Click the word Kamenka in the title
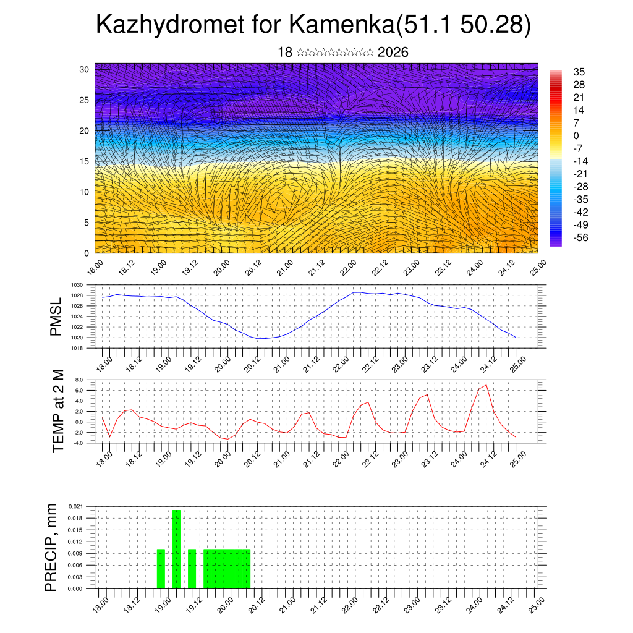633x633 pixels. pos(339,26)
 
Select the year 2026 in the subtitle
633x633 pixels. pos(393,53)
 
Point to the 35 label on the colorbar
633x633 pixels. pos(579,72)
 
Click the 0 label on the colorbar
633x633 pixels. pos(576,135)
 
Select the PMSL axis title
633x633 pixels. pos(56,316)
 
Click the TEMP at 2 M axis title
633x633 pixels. pos(58,410)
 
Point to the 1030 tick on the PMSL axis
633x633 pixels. pos(77,285)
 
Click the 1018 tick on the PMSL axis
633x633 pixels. pos(77,348)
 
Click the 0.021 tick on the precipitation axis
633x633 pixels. pos(75,506)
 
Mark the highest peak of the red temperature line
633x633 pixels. pos(486,385)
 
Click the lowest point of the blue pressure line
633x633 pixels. pos(260,339)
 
